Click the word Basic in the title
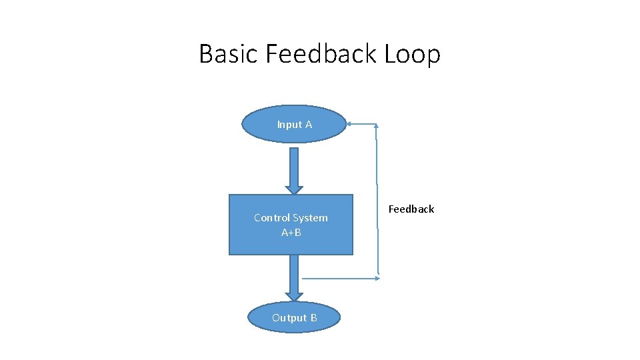pyautogui.click(x=229, y=54)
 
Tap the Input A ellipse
pyautogui.click(x=294, y=125)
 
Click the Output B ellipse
pyautogui.click(x=294, y=318)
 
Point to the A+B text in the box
pyautogui.click(x=291, y=233)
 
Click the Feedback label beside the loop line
pyautogui.click(x=411, y=209)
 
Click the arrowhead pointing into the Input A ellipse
pyautogui.click(x=350, y=124)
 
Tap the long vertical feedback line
pyautogui.click(x=377, y=200)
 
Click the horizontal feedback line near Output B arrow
pyautogui.click(x=340, y=278)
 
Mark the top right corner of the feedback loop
pyautogui.click(x=377, y=125)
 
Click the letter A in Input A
pyautogui.click(x=309, y=125)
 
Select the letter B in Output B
pyautogui.click(x=313, y=318)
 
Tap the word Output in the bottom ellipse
pyautogui.click(x=289, y=318)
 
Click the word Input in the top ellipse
pyautogui.click(x=289, y=125)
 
